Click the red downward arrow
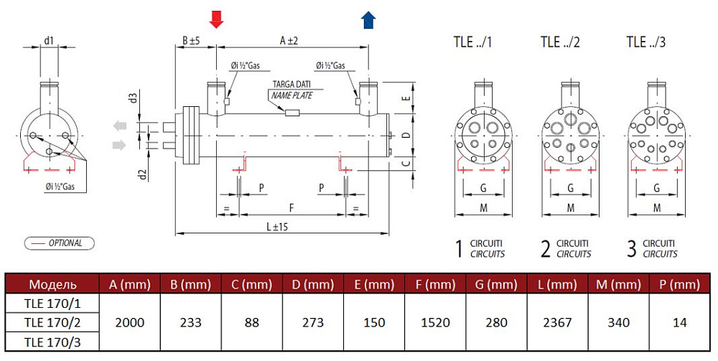[x=216, y=19]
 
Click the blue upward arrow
[x=368, y=20]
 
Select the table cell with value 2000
[x=129, y=322]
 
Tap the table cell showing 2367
[x=557, y=322]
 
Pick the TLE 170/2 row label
[x=52, y=322]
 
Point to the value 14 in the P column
[x=680, y=322]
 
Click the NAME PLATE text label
[x=292, y=96]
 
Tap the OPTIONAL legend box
[x=60, y=243]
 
